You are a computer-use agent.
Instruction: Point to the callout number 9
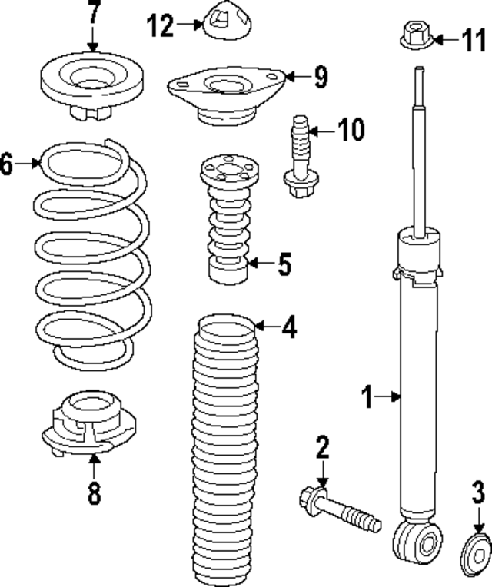tap(320, 76)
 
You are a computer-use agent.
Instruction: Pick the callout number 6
tap(7, 163)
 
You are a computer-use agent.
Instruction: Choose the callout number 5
tap(284, 264)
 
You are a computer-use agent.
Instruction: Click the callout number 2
tap(322, 448)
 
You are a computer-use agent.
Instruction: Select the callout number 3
tap(478, 492)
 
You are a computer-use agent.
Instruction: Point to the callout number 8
tap(93, 492)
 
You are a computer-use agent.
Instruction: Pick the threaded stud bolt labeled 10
tap(301, 158)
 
